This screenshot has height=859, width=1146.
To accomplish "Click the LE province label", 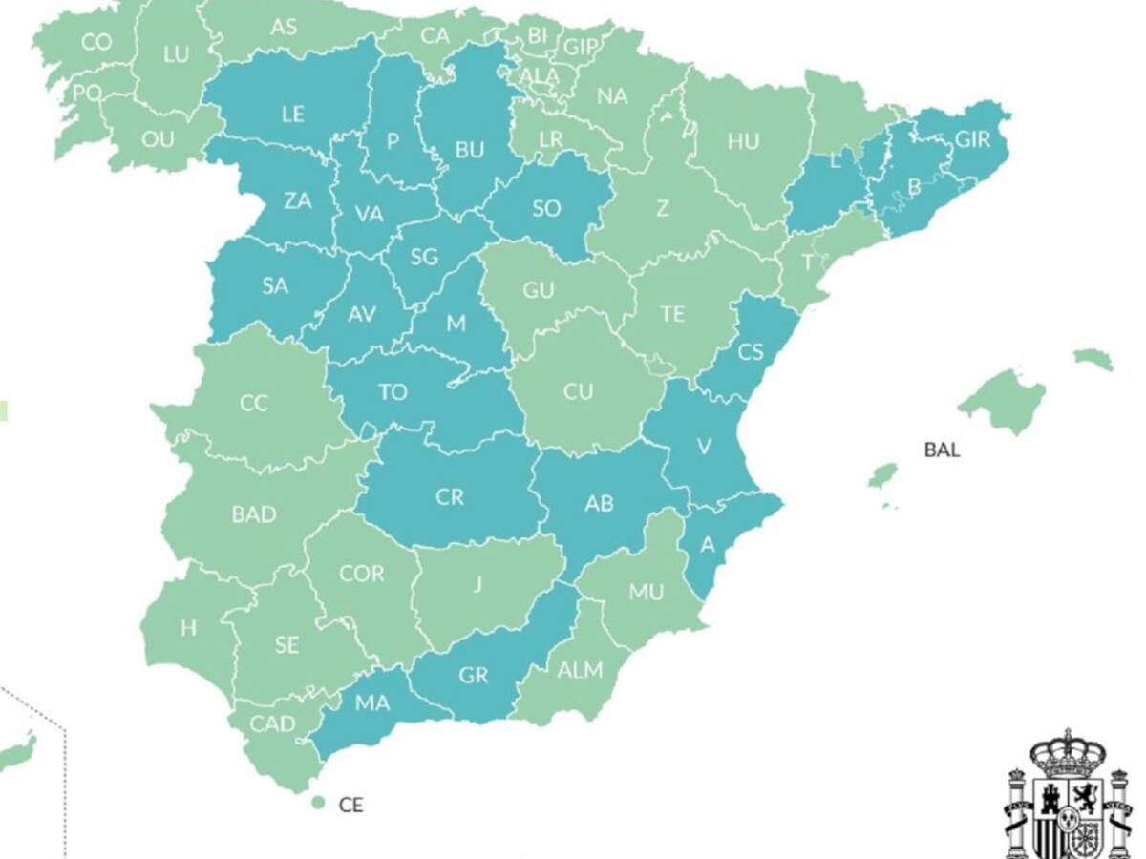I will pyautogui.click(x=293, y=114).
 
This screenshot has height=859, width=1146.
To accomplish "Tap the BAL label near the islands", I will pyautogui.click(x=942, y=450).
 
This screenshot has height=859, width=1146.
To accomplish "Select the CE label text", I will pyautogui.click(x=350, y=805).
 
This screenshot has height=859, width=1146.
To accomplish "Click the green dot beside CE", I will pyautogui.click(x=318, y=803).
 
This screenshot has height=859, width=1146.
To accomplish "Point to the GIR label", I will pyautogui.click(x=972, y=139).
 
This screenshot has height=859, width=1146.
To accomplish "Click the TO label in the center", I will pyautogui.click(x=393, y=392).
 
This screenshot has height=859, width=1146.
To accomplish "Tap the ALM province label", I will pyautogui.click(x=580, y=670).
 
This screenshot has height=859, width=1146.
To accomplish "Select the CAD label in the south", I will pyautogui.click(x=273, y=724).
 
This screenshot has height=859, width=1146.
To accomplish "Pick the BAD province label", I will pyautogui.click(x=254, y=514).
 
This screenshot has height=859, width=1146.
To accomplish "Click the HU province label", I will pyautogui.click(x=743, y=142).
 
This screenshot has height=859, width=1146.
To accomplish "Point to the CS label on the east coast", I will pyautogui.click(x=751, y=351).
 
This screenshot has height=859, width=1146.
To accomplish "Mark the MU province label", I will pyautogui.click(x=646, y=593).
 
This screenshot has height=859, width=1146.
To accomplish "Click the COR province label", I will pyautogui.click(x=362, y=574).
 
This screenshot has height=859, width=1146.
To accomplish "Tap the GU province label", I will pyautogui.click(x=539, y=290).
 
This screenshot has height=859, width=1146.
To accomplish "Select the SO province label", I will pyautogui.click(x=546, y=208).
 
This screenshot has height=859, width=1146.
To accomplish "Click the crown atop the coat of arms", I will pyautogui.click(x=1067, y=750).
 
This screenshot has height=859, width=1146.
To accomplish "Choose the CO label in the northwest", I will pyautogui.click(x=96, y=42).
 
